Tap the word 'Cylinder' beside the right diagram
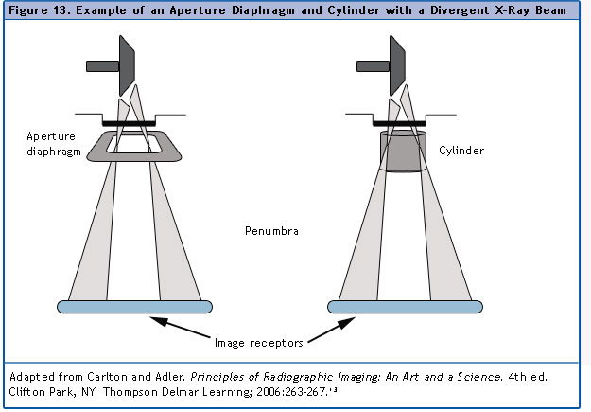(461, 151)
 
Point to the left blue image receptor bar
(134, 306)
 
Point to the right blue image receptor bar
(406, 306)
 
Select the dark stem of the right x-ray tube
(370, 66)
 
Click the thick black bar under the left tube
(130, 123)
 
